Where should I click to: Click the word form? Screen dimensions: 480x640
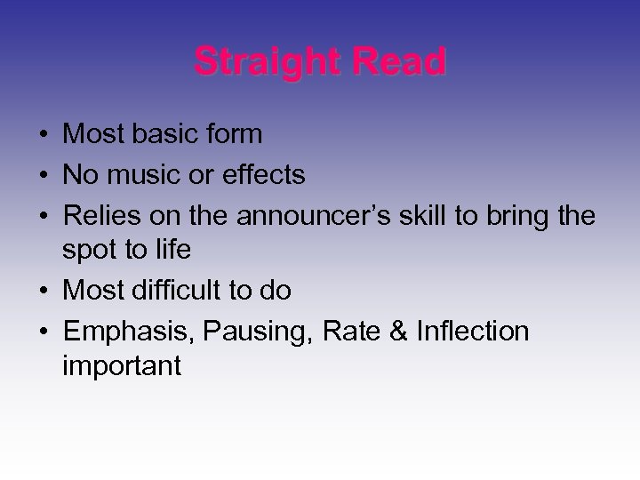click(x=232, y=134)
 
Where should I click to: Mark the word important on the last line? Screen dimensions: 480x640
click(x=123, y=366)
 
